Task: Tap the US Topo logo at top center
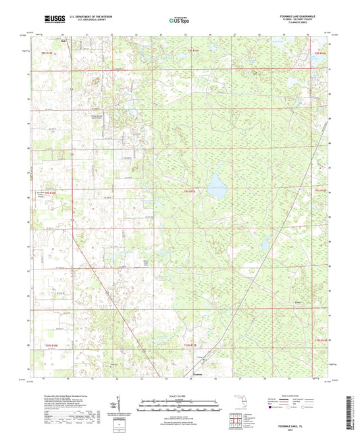pyautogui.click(x=180, y=20)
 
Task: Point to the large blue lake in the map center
pyautogui.click(x=217, y=185)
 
